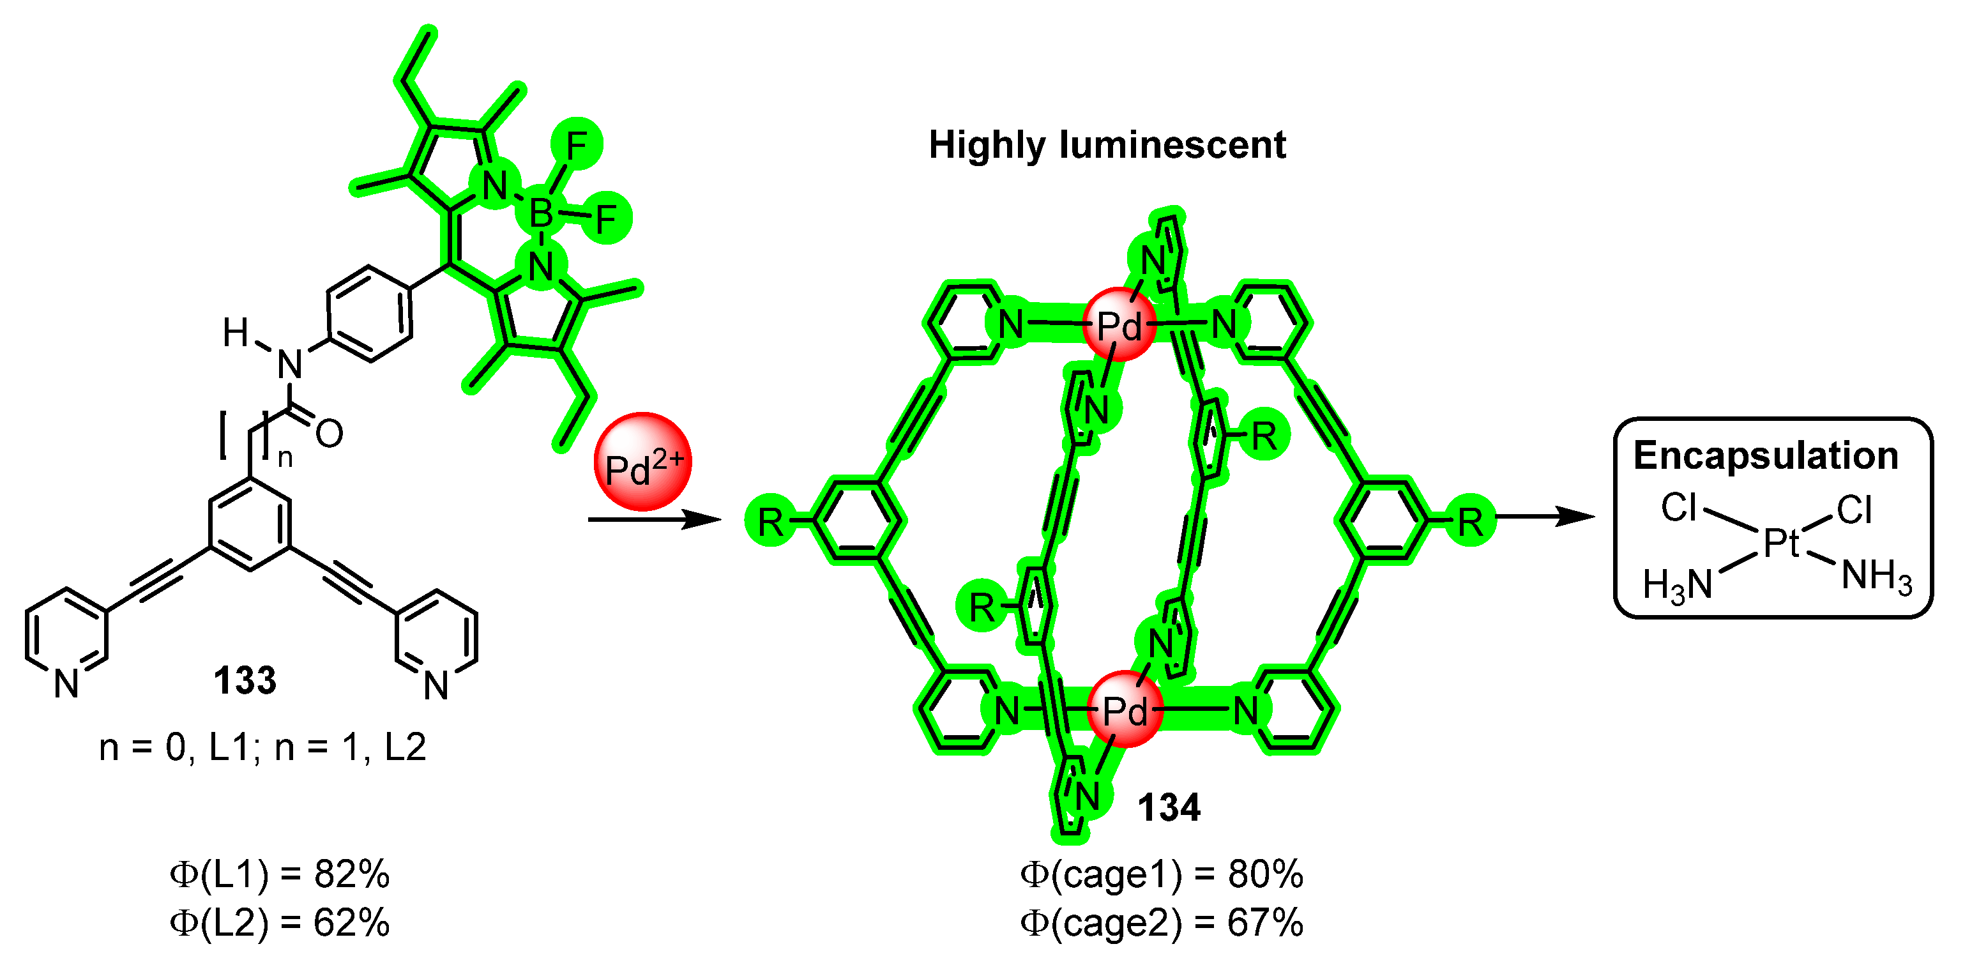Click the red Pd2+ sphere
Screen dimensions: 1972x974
tap(642, 462)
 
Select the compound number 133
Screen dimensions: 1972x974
tap(245, 680)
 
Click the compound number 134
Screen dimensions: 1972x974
tap(1169, 808)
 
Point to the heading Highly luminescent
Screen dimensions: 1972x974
tap(1107, 145)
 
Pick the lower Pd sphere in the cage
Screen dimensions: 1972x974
tap(1125, 710)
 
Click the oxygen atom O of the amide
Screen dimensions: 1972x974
tap(329, 434)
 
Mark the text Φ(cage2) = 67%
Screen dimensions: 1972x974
tap(1162, 923)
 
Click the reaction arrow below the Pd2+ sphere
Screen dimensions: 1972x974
tap(655, 520)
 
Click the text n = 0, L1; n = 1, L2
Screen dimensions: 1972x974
tap(262, 747)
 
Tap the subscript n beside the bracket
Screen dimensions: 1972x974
tap(285, 459)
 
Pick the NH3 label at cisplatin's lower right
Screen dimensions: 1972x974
tap(1876, 576)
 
